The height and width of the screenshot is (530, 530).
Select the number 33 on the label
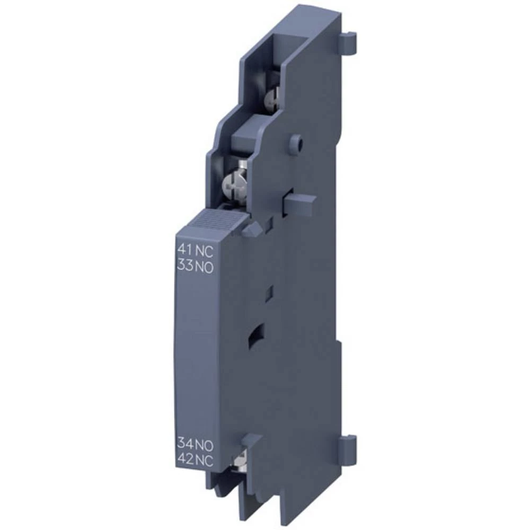click(x=184, y=267)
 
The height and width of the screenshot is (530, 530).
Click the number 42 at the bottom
click(x=185, y=460)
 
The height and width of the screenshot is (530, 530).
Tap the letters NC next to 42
click(x=204, y=460)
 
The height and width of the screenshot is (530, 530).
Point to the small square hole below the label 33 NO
click(x=269, y=291)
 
